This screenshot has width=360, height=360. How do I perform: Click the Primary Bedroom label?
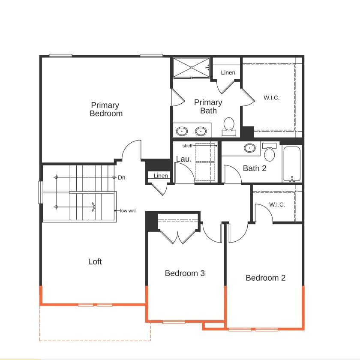coord(106,109)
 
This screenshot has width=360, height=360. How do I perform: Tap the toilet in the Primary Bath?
coord(229,126)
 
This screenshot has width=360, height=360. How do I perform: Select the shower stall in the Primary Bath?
coord(191,68)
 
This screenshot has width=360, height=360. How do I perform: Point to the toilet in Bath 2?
coord(269,152)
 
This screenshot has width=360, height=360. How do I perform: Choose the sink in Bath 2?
coord(249,148)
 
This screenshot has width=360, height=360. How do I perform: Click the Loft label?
coord(95,261)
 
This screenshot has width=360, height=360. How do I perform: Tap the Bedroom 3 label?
coord(185,273)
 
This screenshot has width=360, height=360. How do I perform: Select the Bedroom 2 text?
coord(266,278)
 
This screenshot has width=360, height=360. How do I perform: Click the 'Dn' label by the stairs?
coord(122,177)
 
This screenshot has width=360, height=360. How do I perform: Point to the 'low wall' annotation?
coord(128,211)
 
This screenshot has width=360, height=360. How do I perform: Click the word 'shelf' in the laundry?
coord(187,146)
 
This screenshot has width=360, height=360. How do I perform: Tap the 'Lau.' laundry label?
coord(184,159)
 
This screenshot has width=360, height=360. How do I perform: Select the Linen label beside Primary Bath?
coord(228,72)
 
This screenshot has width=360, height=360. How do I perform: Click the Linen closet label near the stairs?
coord(161,176)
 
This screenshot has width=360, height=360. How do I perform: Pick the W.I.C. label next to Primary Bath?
coord(272,98)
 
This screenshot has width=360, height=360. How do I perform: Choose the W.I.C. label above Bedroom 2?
coord(277,204)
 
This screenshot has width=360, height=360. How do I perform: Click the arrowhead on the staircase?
coord(94,207)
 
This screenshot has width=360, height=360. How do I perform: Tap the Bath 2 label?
coord(255,168)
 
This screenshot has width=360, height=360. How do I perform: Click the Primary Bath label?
coord(208,107)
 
